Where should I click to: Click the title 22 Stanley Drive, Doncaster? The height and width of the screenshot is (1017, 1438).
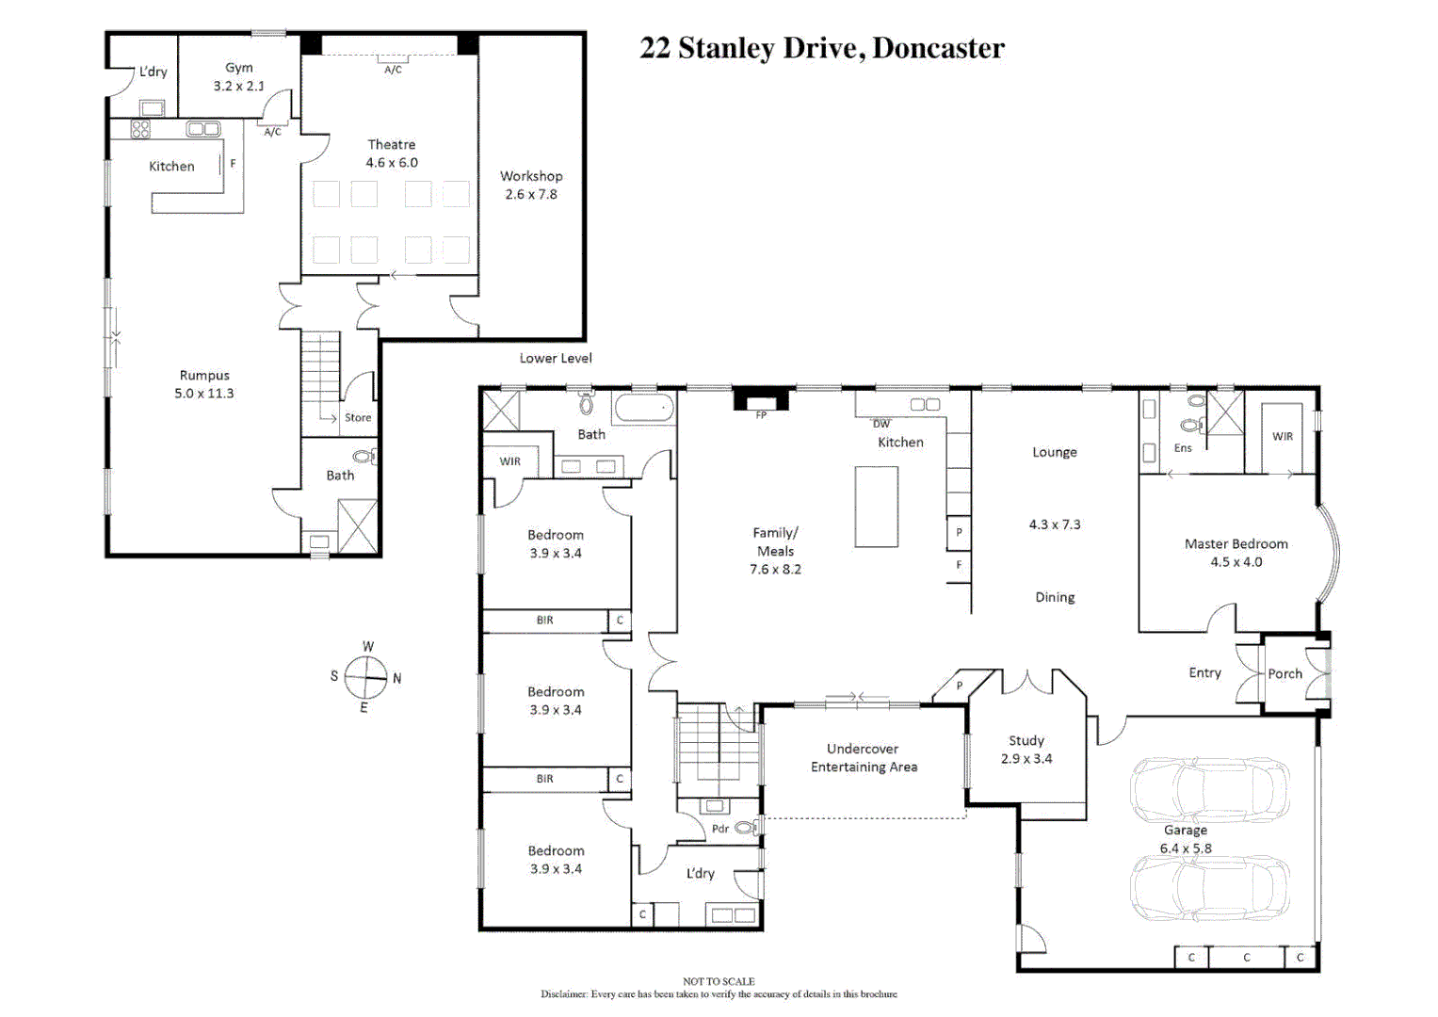821,48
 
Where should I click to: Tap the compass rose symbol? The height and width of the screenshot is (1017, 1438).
365,677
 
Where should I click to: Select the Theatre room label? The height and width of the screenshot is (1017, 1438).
391,144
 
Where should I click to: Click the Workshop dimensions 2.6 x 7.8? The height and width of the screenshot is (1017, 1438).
530,194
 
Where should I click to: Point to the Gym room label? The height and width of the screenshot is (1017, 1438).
238,68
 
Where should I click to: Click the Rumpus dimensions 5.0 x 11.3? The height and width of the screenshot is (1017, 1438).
203,394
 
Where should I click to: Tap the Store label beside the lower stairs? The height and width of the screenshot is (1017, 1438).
358,417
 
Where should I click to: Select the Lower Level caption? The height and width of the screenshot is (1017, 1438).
556,358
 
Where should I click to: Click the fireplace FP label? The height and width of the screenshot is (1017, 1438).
761,414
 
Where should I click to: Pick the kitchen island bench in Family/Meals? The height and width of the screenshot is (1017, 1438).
876,507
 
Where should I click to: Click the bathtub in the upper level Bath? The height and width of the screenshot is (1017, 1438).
644,409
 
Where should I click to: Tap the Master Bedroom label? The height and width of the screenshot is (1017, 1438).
1236,543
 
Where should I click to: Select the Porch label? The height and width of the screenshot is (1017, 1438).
1285,673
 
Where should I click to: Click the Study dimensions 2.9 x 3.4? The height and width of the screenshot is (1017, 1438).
1026,758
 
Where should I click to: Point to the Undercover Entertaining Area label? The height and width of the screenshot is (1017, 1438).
863,757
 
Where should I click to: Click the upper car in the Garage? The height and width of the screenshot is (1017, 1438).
1209,789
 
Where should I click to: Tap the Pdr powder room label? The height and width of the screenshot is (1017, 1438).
720,829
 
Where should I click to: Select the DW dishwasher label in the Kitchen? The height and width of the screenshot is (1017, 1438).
881,424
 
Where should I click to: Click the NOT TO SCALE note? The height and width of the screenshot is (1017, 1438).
719,981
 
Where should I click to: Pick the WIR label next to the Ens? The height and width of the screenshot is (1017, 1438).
1282,436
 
